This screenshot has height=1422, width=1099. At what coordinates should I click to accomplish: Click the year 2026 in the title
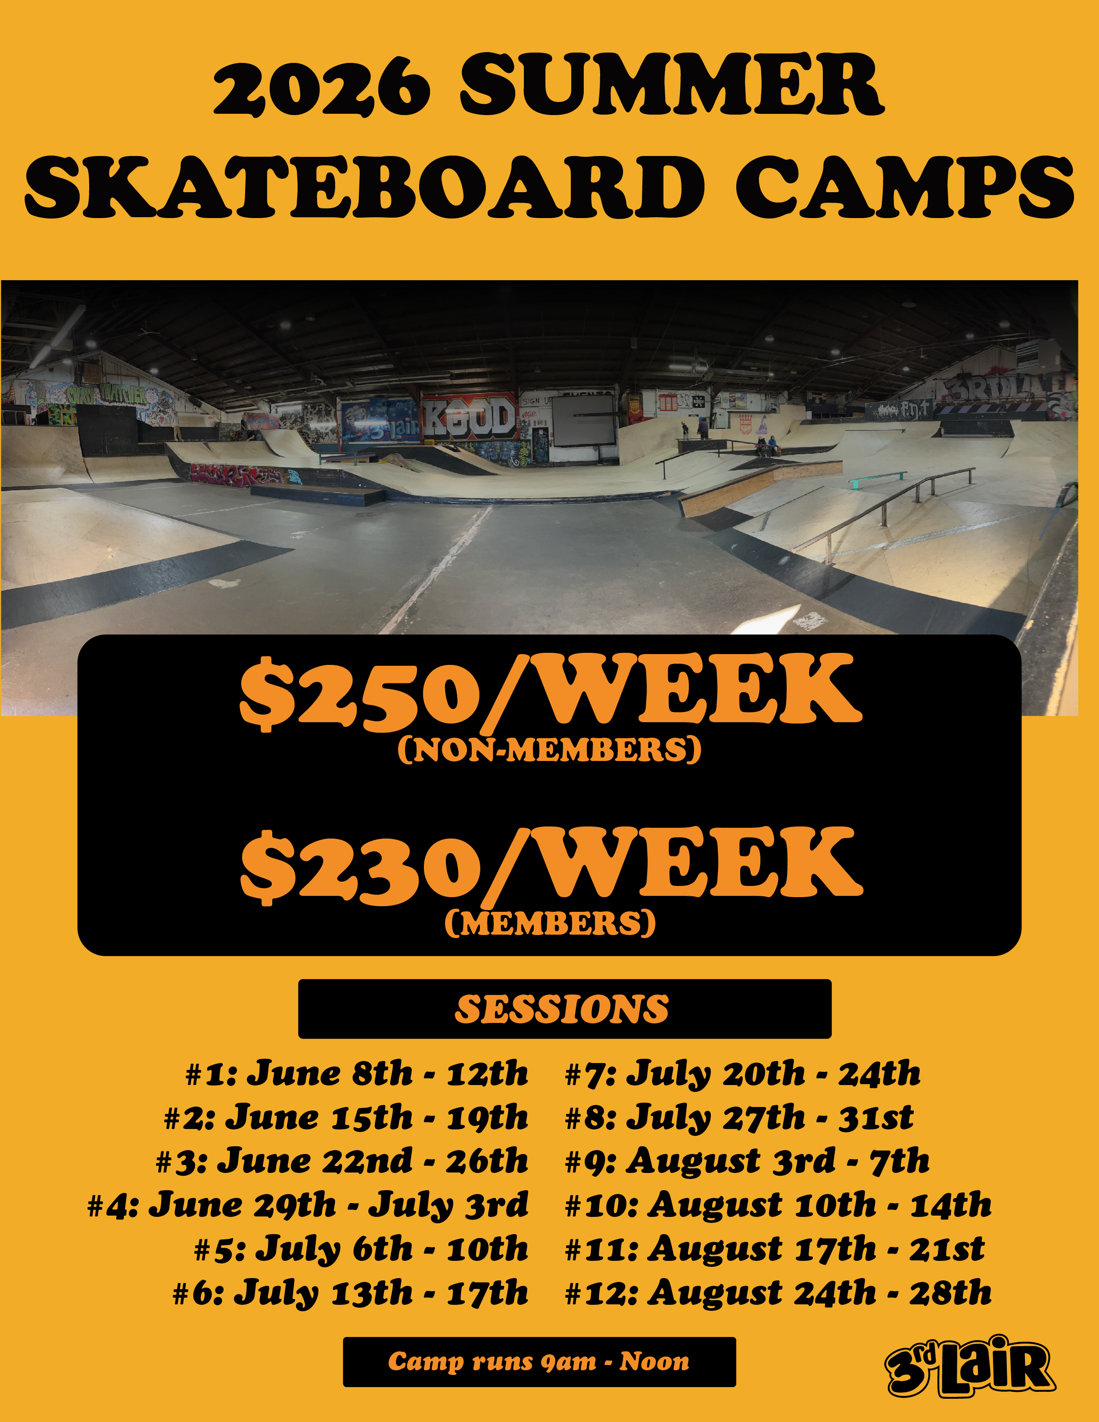tap(321, 87)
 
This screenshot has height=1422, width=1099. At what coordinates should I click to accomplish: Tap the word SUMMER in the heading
tap(671, 85)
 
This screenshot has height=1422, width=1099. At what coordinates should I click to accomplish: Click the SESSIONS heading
tap(562, 1009)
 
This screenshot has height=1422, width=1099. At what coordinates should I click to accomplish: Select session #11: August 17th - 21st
tap(775, 1249)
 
